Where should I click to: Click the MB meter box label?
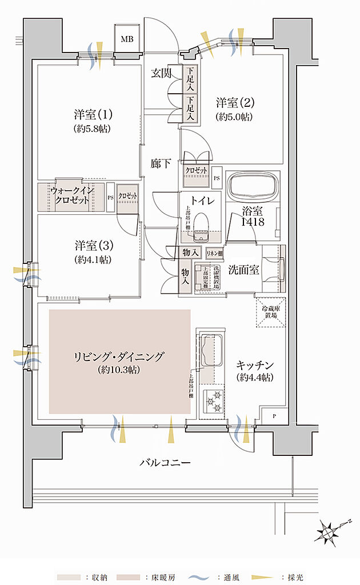coord(126,39)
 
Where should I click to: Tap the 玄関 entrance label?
coord(162,73)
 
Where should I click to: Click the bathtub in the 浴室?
coord(254,186)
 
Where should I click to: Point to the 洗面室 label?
coord(245,270)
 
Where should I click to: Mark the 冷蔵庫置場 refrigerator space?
coord(270,315)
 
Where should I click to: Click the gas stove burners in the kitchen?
coord(216,399)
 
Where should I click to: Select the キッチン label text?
coord(254,365)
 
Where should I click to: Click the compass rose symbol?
coord(330,531)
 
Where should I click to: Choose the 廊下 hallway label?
coord(162,164)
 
